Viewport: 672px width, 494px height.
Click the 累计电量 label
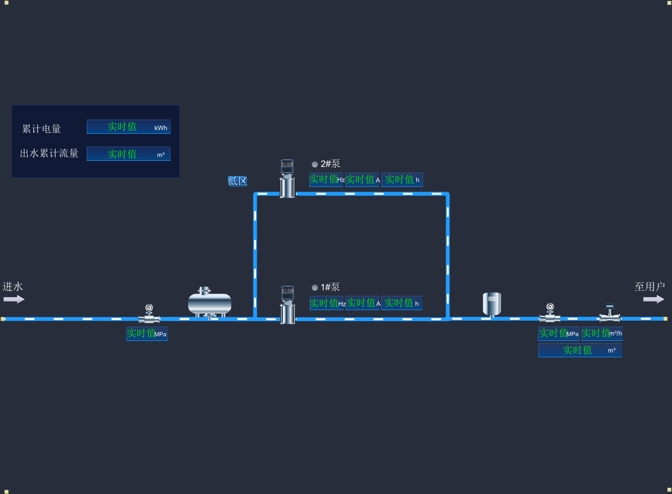pos(42,129)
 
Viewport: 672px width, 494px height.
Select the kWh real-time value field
pos(128,127)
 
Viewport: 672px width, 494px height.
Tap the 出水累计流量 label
pos(49,154)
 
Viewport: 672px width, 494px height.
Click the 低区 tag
pos(237,181)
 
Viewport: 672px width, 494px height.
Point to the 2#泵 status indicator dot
pos(315,164)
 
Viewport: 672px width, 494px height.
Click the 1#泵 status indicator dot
pos(315,287)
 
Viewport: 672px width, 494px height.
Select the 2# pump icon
pos(287,179)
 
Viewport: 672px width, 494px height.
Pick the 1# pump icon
pos(288,305)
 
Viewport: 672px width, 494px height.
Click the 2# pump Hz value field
pos(326,180)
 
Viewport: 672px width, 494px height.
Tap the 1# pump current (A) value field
pos(363,303)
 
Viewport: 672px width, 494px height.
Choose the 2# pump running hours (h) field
pos(402,180)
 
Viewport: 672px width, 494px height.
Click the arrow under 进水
pos(13,299)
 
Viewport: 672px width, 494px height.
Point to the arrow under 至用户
pos(653,299)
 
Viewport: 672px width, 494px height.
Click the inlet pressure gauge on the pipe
pos(149,313)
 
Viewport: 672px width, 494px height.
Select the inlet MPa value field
pos(146,333)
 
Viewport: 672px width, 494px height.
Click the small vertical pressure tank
pos(492,304)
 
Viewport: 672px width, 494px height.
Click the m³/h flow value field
pos(602,333)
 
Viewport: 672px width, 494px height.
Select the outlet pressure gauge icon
pos(550,313)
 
